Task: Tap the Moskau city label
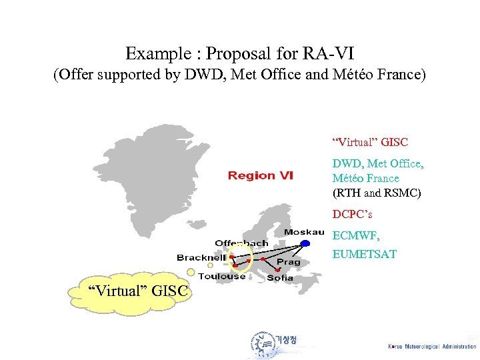click(x=303, y=232)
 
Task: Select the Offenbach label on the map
click(x=241, y=243)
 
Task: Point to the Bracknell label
click(x=201, y=257)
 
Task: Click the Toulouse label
click(x=221, y=276)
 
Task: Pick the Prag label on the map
click(x=289, y=262)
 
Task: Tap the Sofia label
click(x=280, y=277)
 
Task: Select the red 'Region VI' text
click(x=260, y=175)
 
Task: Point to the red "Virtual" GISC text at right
click(x=370, y=142)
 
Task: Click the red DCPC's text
click(x=352, y=215)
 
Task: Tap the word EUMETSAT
click(x=364, y=254)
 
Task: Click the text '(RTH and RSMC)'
click(x=377, y=193)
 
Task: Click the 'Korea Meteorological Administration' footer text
click(x=432, y=346)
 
